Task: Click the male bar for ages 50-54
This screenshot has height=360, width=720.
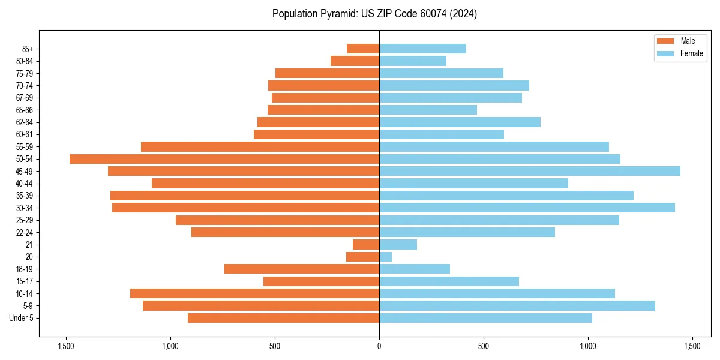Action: click(224, 159)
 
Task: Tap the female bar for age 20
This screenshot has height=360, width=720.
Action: click(385, 257)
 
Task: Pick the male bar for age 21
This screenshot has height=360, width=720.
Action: click(366, 245)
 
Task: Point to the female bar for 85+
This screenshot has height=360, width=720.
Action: click(422, 49)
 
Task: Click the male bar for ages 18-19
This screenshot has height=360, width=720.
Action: click(302, 269)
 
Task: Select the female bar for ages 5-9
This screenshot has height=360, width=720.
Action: click(517, 306)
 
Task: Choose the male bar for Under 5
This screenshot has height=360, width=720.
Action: click(283, 318)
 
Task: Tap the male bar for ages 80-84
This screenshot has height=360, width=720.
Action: click(355, 61)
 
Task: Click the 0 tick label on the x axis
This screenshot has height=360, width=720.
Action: click(379, 346)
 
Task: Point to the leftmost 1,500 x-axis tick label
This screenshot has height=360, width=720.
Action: click(66, 346)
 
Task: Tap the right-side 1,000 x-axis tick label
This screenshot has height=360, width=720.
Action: click(588, 346)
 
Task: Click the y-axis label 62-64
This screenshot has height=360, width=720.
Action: click(25, 122)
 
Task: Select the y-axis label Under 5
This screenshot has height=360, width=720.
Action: click(22, 318)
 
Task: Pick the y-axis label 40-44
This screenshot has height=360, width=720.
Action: click(25, 184)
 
